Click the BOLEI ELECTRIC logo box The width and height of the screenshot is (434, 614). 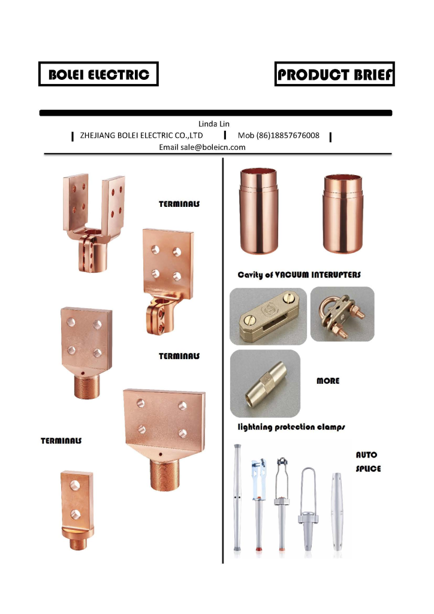[98, 74]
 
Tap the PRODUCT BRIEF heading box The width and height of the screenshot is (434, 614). [334, 74]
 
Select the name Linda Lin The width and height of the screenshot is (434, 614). [213, 124]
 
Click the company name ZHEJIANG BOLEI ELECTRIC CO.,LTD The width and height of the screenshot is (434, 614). [141, 136]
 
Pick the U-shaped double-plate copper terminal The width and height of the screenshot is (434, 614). [94, 223]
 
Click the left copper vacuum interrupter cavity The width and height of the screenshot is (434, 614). [259, 211]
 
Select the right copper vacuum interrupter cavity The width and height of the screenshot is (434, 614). [343, 214]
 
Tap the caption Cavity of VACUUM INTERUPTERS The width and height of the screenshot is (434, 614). [299, 275]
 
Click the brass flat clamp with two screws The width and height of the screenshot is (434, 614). [269, 317]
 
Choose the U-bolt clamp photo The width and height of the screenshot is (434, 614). [342, 314]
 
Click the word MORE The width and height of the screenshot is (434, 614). [328, 381]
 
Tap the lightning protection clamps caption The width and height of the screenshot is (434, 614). [291, 427]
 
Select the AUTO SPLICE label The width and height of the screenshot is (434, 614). [368, 462]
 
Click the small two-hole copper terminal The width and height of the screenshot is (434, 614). [77, 510]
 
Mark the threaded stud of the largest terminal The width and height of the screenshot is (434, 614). [165, 474]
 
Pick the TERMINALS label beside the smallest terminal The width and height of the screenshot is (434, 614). [61, 441]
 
